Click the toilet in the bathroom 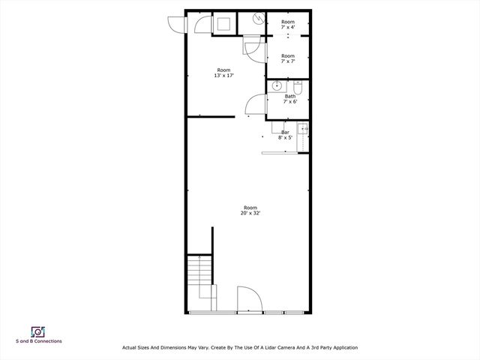[x=298, y=85]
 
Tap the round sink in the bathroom [x=277, y=85]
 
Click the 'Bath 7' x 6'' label [x=290, y=99]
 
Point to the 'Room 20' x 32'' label [x=250, y=210]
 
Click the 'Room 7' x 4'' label [x=288, y=25]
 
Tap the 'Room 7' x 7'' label [x=288, y=58]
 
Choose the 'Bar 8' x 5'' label [x=285, y=135]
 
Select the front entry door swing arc [x=250, y=298]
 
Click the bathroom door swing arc [x=254, y=104]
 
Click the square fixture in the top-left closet [x=224, y=22]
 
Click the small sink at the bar [x=304, y=130]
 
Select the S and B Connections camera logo [x=37, y=331]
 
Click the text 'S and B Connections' [x=39, y=341]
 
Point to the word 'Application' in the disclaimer [x=342, y=347]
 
